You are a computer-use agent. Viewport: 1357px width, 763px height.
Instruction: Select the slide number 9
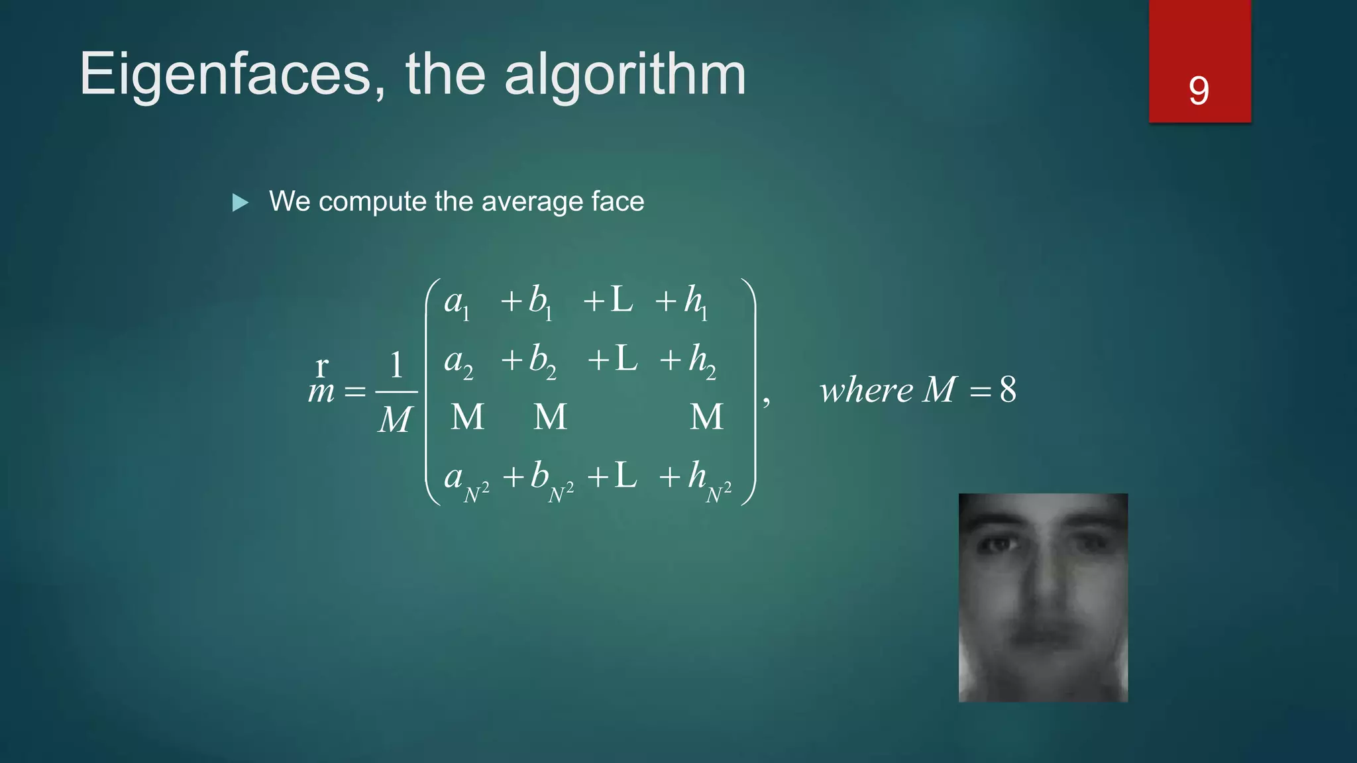click(1199, 91)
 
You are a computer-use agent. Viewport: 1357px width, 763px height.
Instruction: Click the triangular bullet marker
click(241, 203)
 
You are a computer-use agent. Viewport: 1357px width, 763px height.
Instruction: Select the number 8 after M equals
click(1008, 389)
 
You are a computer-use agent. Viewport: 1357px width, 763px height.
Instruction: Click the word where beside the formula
click(866, 390)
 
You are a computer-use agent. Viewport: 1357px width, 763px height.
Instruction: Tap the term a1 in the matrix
click(457, 303)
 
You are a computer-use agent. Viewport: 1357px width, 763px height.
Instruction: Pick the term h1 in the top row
click(695, 302)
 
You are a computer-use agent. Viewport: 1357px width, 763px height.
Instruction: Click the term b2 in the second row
click(542, 362)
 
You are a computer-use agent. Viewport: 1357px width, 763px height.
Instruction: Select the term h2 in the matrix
click(702, 362)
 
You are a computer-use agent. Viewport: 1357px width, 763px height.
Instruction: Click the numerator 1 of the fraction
click(396, 365)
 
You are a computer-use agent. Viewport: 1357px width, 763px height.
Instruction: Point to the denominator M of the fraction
click(396, 419)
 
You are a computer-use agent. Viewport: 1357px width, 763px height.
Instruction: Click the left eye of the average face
click(999, 545)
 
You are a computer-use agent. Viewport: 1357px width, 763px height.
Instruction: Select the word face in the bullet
click(618, 201)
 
